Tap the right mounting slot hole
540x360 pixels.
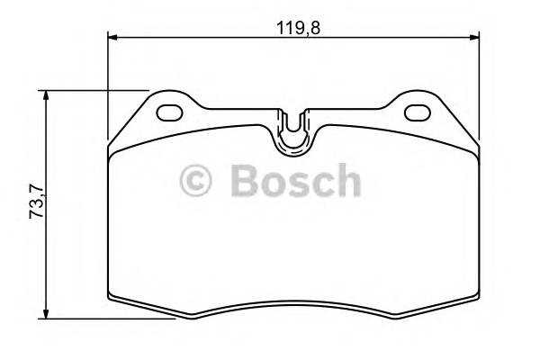[418, 113]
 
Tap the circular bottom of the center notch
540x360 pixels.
[293, 139]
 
